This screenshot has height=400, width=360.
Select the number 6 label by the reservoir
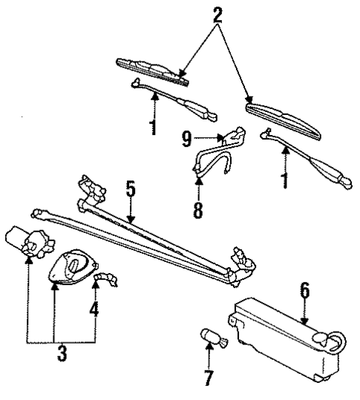304,291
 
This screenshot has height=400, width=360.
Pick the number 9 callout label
189,137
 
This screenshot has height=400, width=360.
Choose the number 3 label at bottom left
62,353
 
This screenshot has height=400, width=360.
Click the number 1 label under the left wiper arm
153,126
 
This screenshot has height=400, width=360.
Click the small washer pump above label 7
212,338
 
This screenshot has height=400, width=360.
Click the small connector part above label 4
108,278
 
